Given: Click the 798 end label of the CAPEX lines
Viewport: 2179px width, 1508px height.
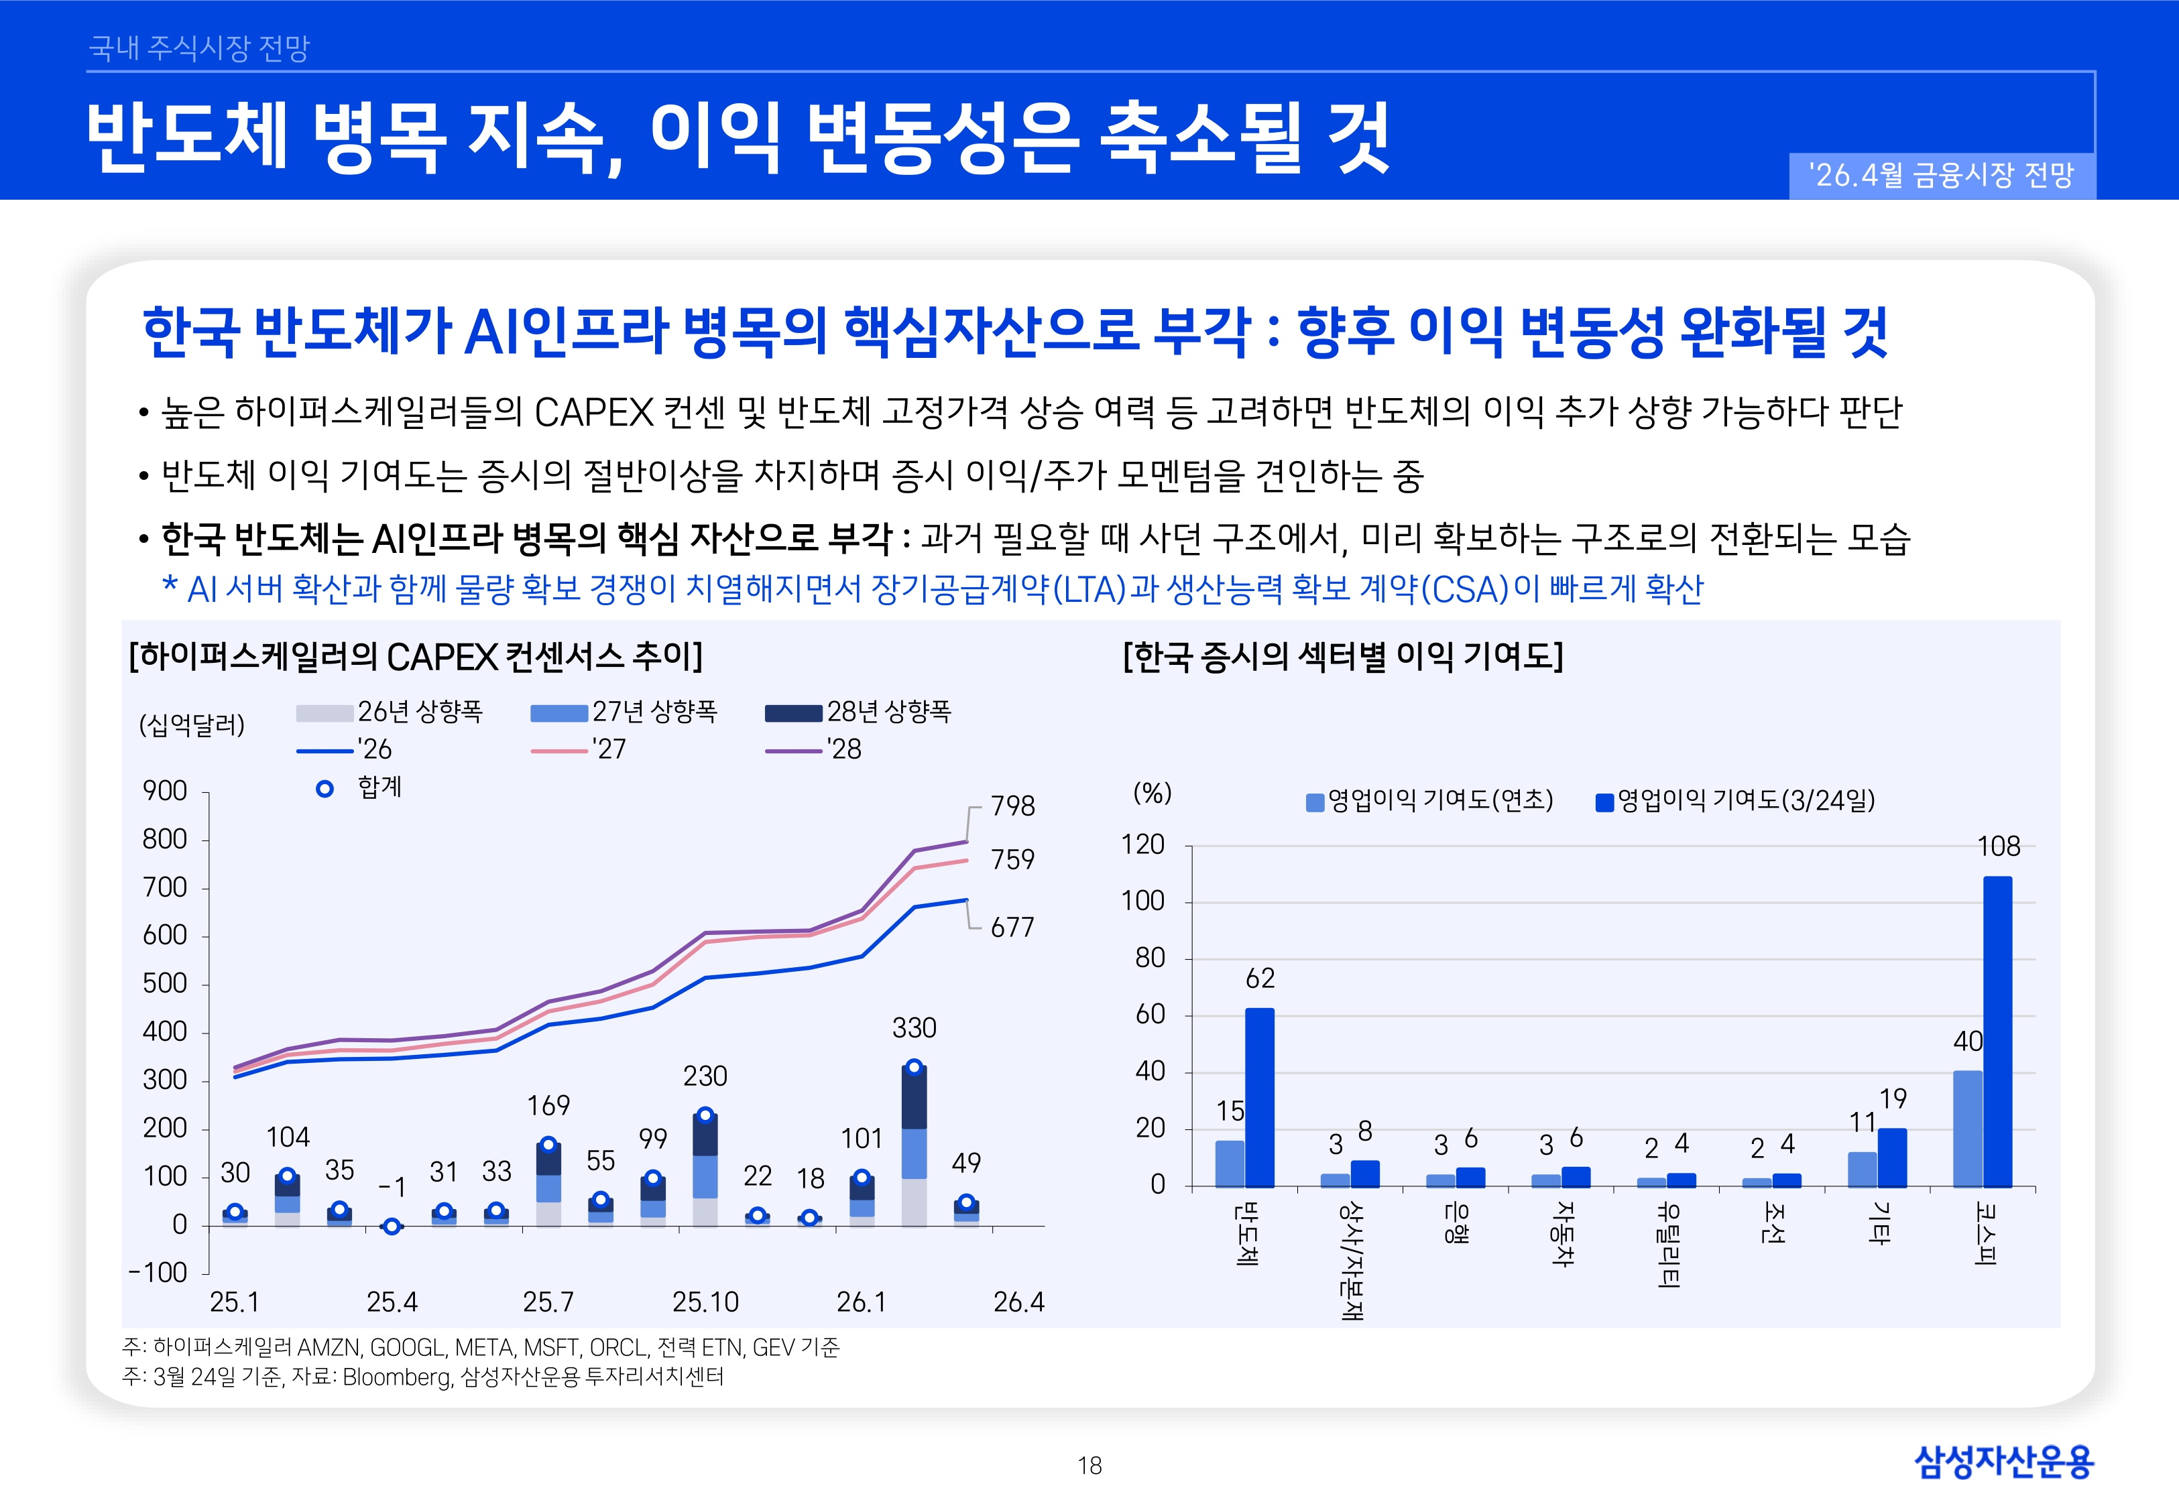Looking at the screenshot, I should tap(1012, 806).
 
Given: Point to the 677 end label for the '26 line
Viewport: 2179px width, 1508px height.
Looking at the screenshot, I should tap(1012, 927).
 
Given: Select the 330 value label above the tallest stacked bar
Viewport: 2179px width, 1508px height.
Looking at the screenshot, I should tap(914, 1028).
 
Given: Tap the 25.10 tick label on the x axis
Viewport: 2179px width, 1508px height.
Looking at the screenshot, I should tap(705, 1302).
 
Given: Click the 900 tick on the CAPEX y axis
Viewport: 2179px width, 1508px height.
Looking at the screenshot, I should tap(166, 791).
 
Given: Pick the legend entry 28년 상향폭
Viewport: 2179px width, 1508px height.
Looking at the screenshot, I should tap(858, 712).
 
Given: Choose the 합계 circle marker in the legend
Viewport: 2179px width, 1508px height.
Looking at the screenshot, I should tap(324, 788).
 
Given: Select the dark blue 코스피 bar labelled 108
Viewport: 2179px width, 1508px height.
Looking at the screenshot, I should tap(1997, 1030).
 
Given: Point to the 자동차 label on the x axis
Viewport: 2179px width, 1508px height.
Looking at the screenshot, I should tap(1564, 1234).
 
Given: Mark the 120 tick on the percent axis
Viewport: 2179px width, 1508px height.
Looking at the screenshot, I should tap(1142, 844).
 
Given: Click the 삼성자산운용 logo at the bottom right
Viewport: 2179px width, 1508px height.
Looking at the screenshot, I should tap(2003, 1461).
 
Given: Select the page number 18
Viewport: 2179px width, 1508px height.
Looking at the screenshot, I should tap(1089, 1466).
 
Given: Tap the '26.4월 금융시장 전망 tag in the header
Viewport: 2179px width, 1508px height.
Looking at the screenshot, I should tap(1941, 175).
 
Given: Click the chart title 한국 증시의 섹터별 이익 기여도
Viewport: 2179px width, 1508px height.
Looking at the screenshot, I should tap(1343, 655).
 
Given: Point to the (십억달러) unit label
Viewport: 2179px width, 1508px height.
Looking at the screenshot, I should tap(192, 725).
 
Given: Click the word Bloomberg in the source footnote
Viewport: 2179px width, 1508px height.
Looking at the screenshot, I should tap(396, 1377).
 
